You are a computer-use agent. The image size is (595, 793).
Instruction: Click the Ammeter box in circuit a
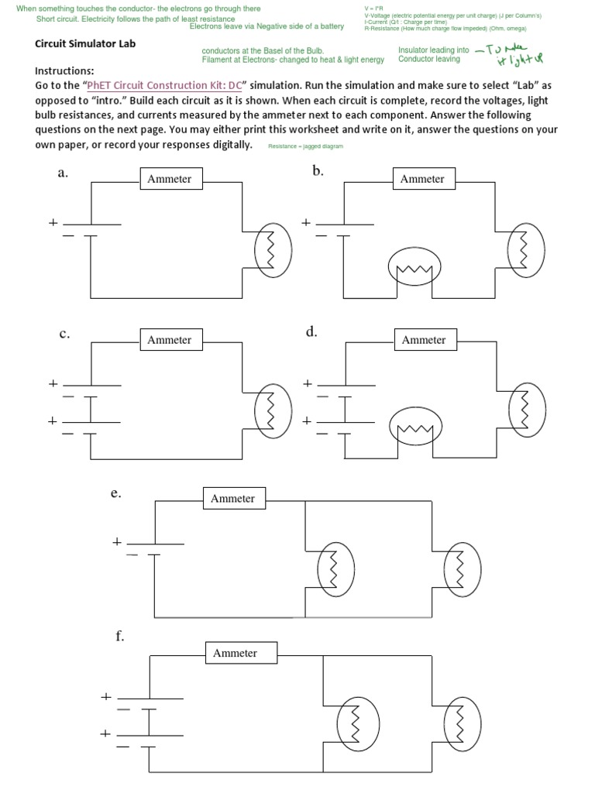[169, 179]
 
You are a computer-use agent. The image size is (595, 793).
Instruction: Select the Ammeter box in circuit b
[422, 179]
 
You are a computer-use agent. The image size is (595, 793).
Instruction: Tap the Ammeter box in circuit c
[169, 340]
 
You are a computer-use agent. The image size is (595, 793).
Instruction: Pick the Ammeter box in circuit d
[424, 340]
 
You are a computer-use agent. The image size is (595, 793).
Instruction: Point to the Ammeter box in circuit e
[232, 499]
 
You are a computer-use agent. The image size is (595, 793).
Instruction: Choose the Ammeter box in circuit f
[235, 654]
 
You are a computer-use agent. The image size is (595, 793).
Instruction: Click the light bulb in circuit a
[273, 251]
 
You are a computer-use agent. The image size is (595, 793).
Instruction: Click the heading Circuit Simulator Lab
[85, 44]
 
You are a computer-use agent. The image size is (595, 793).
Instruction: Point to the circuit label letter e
[115, 493]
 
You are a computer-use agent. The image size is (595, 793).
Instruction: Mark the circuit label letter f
[120, 637]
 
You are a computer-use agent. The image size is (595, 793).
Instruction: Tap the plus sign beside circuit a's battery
[53, 222]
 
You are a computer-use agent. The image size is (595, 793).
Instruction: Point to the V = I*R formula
[373, 9]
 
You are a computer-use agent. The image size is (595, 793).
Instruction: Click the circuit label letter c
[64, 334]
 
